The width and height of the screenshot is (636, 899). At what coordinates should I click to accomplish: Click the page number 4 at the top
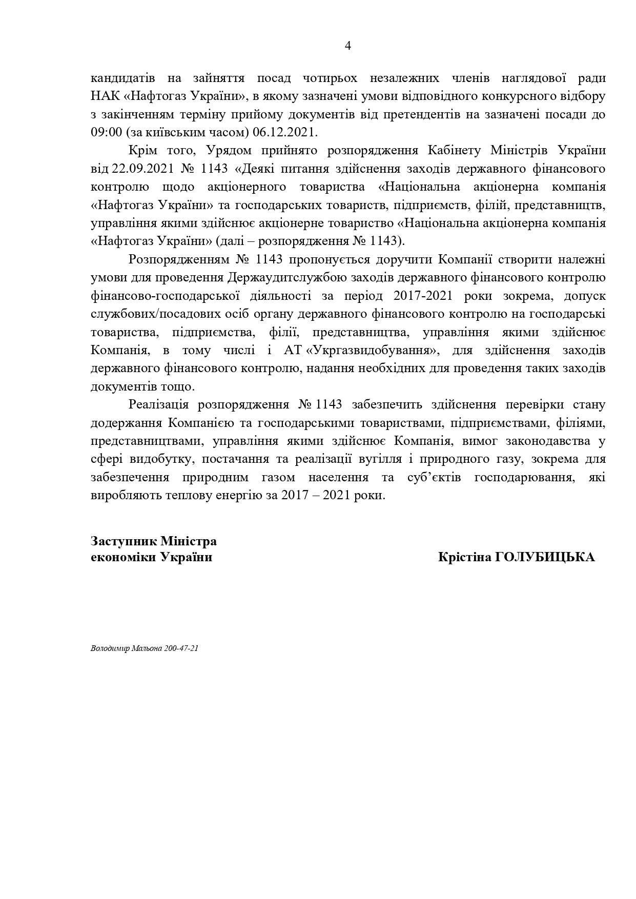[348, 46]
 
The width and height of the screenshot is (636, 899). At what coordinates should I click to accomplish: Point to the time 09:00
[106, 132]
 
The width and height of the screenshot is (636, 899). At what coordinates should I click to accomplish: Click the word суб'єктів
[435, 477]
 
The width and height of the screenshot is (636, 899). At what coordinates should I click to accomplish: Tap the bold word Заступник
[124, 541]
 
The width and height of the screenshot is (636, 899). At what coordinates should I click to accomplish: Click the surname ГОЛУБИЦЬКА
[545, 557]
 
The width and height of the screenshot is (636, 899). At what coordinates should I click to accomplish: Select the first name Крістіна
[464, 557]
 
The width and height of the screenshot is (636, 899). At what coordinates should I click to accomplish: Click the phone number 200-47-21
[181, 648]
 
